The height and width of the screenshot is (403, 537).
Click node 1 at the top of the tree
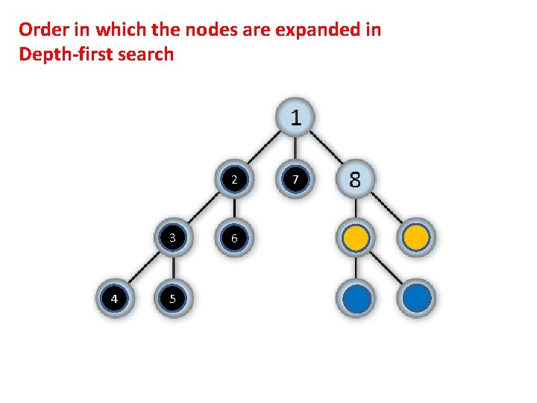point(296,118)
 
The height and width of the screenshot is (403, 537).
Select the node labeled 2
point(234,180)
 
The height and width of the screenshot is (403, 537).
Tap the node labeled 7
point(296,180)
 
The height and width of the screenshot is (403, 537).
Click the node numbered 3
point(172,238)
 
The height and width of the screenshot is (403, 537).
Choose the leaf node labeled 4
point(113,299)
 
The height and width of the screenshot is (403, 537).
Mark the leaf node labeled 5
point(172,299)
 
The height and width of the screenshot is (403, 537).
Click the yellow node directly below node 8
point(356,238)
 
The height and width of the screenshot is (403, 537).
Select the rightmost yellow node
point(416,238)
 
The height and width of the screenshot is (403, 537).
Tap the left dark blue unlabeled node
point(356,299)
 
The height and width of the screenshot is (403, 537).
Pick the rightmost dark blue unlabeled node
point(416,299)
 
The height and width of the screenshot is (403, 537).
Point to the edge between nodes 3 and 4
point(143,269)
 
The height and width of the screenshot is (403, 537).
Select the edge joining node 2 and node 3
point(204,209)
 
